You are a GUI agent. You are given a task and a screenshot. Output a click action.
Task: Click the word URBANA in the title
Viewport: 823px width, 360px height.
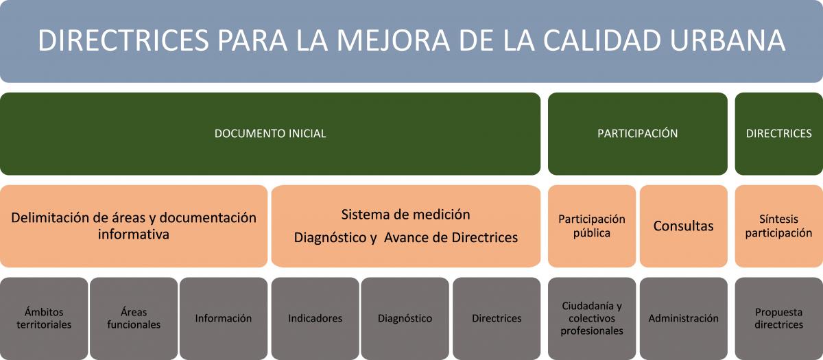click(727, 40)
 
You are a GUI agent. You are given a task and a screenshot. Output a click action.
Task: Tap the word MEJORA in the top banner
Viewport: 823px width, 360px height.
click(393, 40)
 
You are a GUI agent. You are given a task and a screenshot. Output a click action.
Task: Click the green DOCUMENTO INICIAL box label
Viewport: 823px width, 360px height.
click(270, 133)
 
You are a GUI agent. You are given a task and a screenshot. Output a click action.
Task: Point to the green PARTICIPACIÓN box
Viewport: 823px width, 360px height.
click(637, 134)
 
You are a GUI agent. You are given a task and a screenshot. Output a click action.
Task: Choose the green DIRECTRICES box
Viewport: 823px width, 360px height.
click(779, 134)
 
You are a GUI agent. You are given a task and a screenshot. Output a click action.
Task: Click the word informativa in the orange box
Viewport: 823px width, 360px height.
click(133, 235)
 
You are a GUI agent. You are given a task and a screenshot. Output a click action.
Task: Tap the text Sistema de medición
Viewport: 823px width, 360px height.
click(405, 215)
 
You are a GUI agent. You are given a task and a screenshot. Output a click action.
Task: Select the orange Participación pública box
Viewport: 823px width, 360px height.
click(592, 226)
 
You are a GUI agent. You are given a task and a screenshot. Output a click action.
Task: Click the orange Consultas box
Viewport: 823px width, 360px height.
click(683, 226)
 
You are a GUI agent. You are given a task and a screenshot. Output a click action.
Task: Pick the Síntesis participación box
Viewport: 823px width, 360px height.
click(779, 226)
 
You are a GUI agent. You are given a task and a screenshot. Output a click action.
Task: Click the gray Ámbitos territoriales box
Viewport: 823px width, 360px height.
click(44, 318)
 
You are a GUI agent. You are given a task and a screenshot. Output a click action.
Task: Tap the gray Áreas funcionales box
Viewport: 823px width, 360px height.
click(134, 318)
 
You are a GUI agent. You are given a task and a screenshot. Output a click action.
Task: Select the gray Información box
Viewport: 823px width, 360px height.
click(224, 318)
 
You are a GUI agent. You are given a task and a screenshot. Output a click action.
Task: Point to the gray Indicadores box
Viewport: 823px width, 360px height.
click(315, 318)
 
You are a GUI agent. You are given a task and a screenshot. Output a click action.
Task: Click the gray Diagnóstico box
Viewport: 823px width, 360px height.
click(405, 318)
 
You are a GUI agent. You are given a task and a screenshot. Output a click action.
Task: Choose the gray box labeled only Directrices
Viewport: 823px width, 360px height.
click(497, 318)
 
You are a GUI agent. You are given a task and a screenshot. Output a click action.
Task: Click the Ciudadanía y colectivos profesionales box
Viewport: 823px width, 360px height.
click(592, 318)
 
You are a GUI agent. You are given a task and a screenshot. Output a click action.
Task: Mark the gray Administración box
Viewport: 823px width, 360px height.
click(683, 318)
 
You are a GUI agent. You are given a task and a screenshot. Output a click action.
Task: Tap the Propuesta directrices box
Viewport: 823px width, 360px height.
click(779, 318)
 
